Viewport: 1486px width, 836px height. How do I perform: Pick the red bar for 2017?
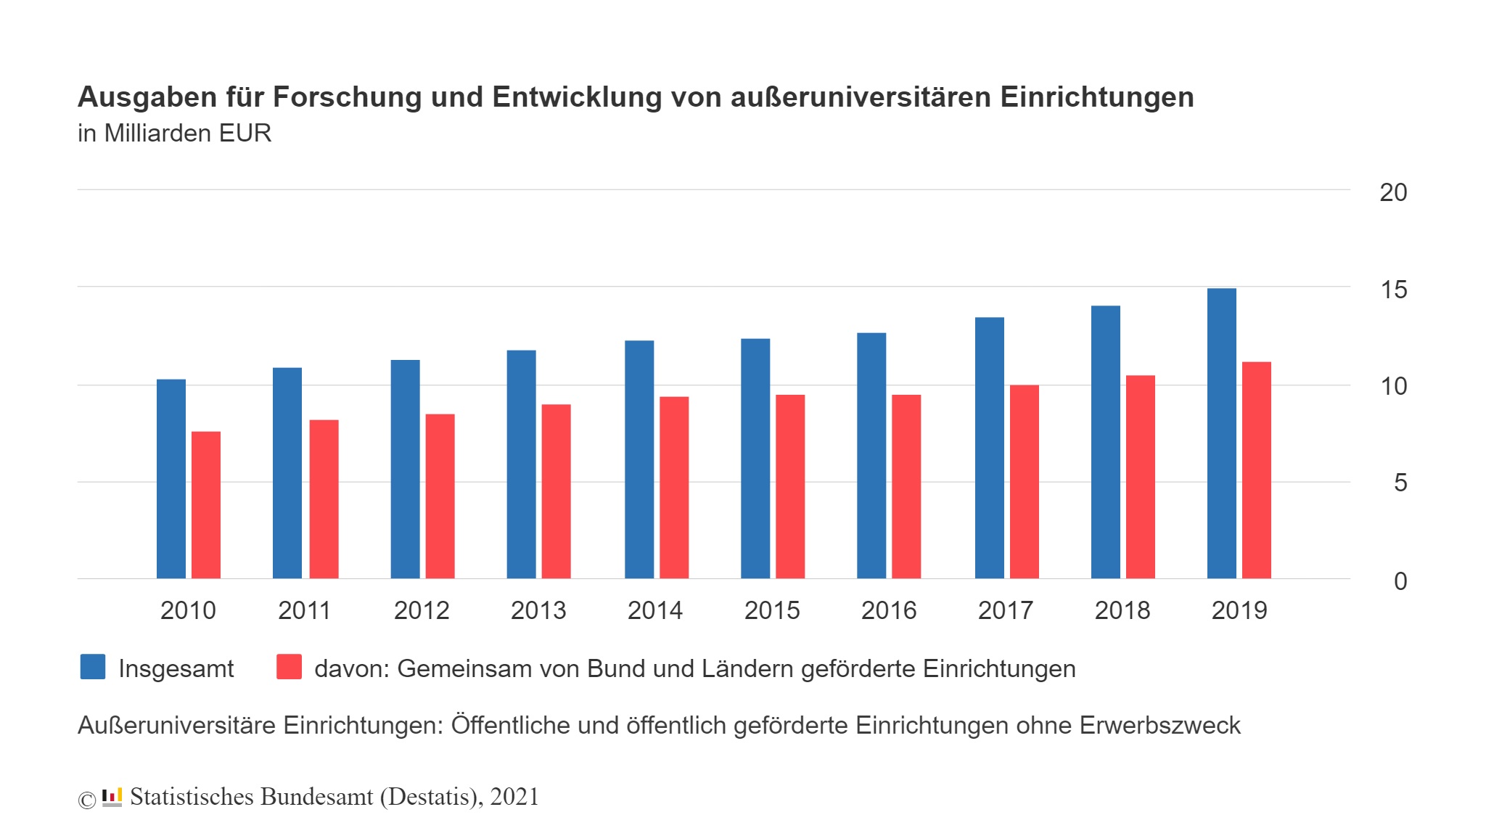(x=1024, y=482)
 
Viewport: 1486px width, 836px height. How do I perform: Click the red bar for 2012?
(x=440, y=496)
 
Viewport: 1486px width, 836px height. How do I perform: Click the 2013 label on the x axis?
(x=538, y=610)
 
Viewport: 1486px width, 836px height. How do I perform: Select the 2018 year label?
(x=1122, y=610)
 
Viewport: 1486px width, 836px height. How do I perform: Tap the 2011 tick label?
(x=304, y=610)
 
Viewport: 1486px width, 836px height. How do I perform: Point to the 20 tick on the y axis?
(x=1392, y=192)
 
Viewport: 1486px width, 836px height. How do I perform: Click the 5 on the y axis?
(x=1400, y=483)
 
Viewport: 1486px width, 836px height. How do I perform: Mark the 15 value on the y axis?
(x=1392, y=290)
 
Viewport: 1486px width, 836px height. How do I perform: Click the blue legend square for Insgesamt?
(x=93, y=667)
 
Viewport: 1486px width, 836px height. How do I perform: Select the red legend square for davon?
(x=289, y=667)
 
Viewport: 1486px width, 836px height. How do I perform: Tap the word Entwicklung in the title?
(x=577, y=97)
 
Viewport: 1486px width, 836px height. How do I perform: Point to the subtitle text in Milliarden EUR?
(x=174, y=134)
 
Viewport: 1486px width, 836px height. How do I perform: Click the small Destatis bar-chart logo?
(x=112, y=797)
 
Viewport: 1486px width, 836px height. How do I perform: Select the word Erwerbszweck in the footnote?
(x=1159, y=725)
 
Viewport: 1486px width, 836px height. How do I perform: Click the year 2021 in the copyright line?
(x=514, y=797)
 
